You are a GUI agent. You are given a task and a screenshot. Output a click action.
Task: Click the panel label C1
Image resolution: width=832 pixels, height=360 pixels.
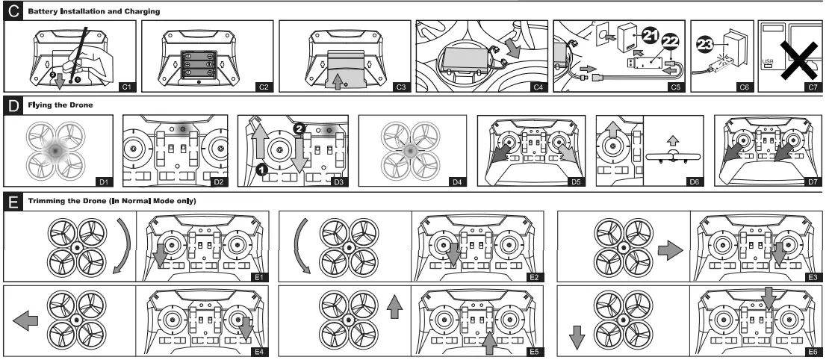126,87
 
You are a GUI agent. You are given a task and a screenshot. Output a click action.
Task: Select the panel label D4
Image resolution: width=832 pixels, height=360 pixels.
457,181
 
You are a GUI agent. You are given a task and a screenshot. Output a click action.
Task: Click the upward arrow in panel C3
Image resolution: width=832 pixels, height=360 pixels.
337,79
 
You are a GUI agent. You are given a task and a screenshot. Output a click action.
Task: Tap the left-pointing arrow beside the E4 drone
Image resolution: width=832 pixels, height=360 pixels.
26,321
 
